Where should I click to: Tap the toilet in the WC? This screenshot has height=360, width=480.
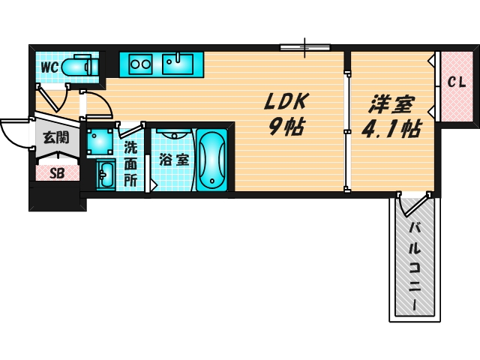[77, 67]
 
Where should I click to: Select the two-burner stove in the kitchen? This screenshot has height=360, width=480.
[140, 64]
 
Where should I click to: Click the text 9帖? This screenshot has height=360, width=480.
[286, 127]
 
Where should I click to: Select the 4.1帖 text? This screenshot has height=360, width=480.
[390, 130]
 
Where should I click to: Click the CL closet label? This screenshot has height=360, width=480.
[457, 82]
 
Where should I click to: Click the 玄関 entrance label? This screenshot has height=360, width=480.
[55, 137]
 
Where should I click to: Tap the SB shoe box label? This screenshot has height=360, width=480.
[57, 173]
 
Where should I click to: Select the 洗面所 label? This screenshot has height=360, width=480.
[130, 163]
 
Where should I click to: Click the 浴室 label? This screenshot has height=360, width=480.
[173, 160]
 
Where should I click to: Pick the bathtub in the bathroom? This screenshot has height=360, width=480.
[212, 159]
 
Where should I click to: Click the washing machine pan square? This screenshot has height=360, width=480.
[99, 140]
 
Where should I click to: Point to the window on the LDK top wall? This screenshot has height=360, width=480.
[304, 48]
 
